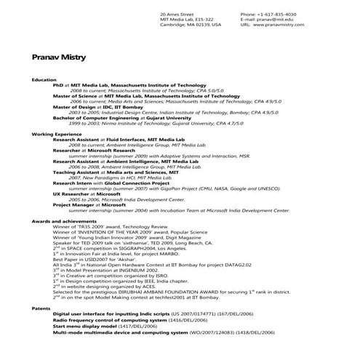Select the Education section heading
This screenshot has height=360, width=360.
pyautogui.click(x=44, y=79)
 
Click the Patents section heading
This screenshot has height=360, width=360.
pyautogui.click(x=41, y=308)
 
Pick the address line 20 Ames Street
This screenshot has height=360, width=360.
pyautogui.click(x=177, y=14)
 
